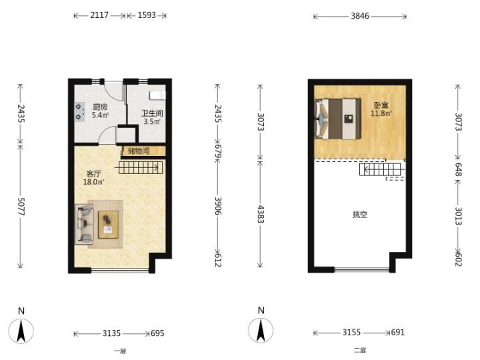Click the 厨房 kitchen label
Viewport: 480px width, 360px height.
100,107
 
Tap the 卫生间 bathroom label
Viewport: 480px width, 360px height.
152,113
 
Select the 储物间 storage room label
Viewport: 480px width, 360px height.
139,151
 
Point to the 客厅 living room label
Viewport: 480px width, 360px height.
93,174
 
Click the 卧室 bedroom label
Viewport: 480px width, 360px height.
381,105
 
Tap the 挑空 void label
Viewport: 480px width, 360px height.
360,215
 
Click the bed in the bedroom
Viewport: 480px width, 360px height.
337,119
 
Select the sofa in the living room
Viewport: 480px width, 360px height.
84,224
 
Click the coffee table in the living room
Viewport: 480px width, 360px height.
109,225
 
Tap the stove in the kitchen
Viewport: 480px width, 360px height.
79,112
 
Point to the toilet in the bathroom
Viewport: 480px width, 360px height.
157,95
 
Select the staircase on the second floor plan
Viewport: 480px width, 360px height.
380,169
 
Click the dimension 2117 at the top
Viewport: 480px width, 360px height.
99,15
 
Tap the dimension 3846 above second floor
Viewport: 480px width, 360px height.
360,15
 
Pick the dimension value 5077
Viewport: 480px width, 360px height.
21,207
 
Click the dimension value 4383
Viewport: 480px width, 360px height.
261,214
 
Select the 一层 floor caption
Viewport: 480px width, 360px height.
120,351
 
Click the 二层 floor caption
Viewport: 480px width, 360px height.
360,350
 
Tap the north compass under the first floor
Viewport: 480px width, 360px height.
21,330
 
